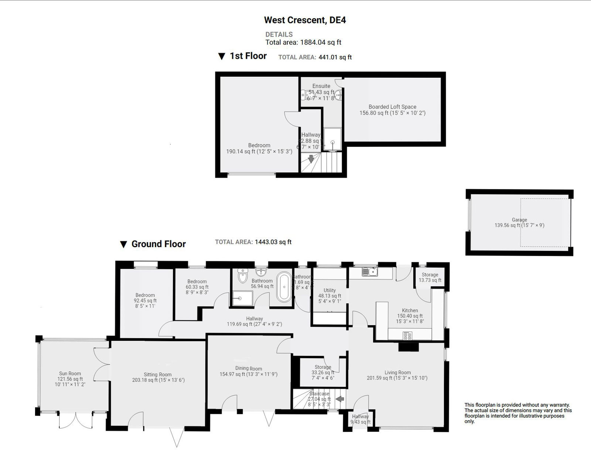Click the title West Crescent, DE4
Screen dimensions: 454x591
(305, 20)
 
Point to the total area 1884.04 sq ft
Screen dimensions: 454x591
(320, 42)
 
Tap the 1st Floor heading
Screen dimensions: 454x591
(248, 56)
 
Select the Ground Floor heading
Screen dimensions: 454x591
(158, 244)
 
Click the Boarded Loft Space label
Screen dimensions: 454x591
(392, 107)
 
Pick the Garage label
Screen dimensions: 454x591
(519, 220)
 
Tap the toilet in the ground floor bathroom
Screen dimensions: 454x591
(242, 276)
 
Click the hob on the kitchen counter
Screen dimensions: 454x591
(407, 336)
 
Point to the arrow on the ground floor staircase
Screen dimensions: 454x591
(340, 399)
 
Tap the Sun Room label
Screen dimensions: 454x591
(70, 374)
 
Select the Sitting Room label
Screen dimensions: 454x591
(158, 374)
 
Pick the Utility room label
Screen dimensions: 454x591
(329, 290)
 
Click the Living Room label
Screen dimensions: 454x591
(397, 373)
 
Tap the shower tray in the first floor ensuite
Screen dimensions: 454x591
(333, 140)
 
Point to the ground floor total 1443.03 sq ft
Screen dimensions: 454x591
(273, 242)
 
